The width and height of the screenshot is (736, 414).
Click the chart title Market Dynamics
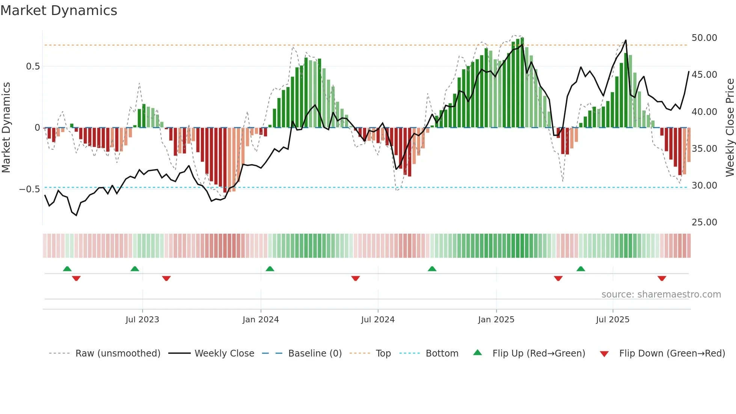click(59, 11)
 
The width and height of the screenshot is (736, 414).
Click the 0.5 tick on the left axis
click(33, 66)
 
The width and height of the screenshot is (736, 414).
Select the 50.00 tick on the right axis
click(704, 38)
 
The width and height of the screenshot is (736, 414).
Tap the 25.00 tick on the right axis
click(704, 222)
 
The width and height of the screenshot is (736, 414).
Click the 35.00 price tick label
click(704, 149)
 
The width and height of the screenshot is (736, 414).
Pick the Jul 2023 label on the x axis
click(142, 320)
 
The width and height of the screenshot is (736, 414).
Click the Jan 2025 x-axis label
click(496, 320)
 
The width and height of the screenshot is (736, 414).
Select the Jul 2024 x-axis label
click(378, 320)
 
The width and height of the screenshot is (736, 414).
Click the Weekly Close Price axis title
click(730, 128)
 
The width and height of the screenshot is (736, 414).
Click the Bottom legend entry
click(442, 354)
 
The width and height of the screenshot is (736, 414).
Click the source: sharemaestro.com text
click(661, 295)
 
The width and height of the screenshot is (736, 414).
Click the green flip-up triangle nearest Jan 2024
click(270, 269)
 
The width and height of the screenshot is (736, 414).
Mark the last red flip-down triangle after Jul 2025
click(662, 278)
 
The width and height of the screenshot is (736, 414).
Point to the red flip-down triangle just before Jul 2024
click(356, 278)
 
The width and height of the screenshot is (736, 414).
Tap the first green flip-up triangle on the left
click(67, 269)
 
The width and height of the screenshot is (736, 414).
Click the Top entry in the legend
click(383, 354)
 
